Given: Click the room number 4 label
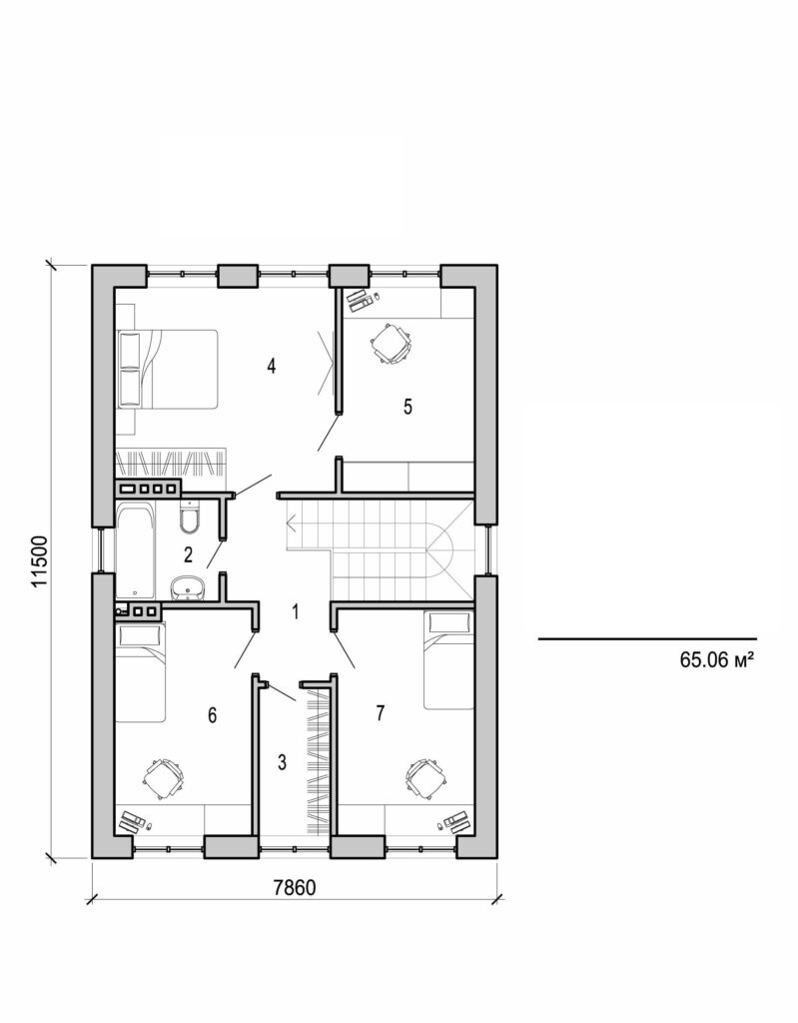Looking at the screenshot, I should pyautogui.click(x=271, y=366).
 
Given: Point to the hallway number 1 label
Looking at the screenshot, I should pyautogui.click(x=295, y=611).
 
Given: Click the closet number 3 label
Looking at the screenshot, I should pyautogui.click(x=283, y=763).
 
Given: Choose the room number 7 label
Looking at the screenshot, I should pyautogui.click(x=380, y=712).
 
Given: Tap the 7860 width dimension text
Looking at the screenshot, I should pyautogui.click(x=296, y=889).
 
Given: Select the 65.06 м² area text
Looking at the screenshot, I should pyautogui.click(x=715, y=659).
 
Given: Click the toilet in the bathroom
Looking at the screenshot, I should pyautogui.click(x=190, y=518).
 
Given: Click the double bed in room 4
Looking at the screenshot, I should pyautogui.click(x=167, y=369).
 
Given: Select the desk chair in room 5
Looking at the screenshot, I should pyautogui.click(x=391, y=342).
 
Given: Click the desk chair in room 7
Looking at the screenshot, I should pyautogui.click(x=424, y=775).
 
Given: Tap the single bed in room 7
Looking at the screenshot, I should pyautogui.click(x=449, y=659).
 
